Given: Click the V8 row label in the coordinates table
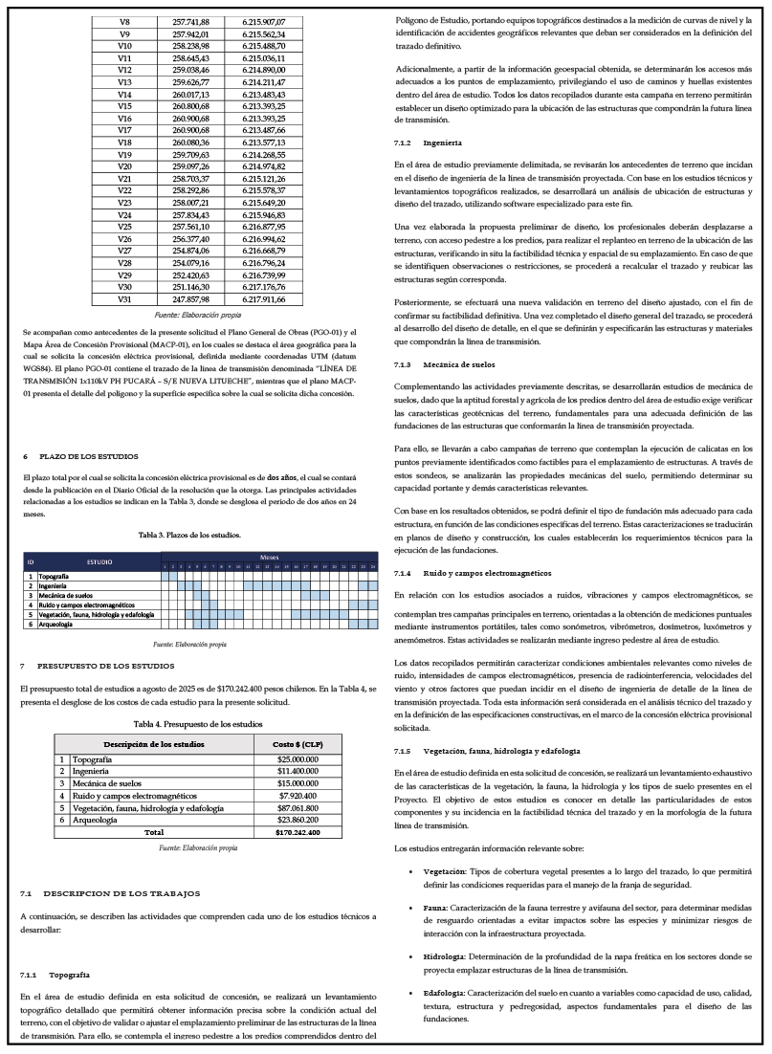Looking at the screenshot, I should tap(124, 21).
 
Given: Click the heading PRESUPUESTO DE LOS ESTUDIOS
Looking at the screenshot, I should tap(105, 665).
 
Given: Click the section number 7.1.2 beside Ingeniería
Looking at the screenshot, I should tap(403, 143).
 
